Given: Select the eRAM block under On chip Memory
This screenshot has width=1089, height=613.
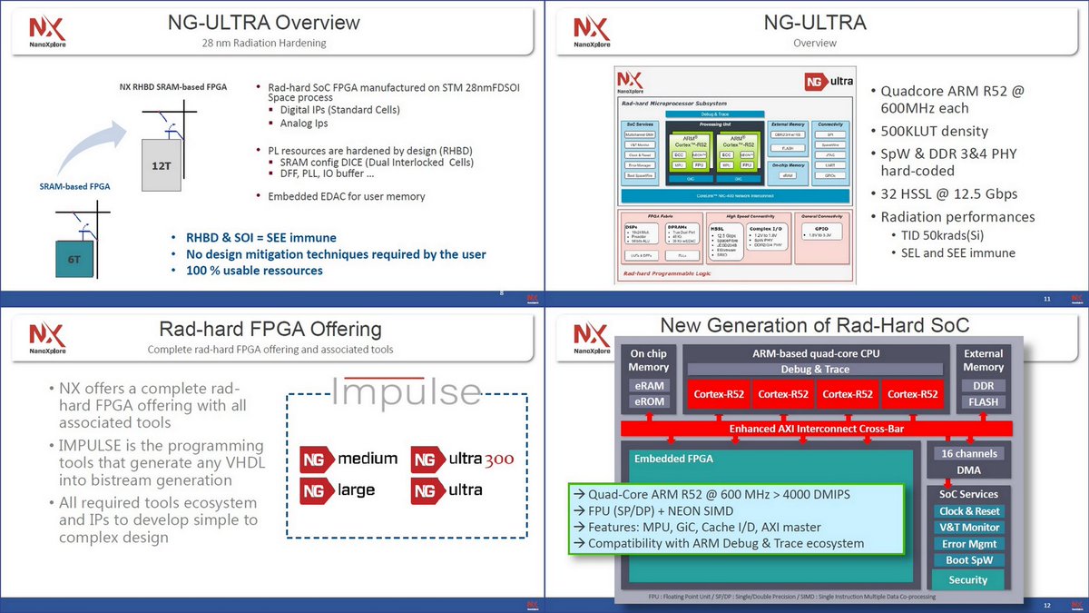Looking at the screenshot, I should point(648,385).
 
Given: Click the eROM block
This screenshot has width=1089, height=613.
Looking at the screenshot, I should point(648,402).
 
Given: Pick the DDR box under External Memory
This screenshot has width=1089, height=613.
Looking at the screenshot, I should point(983,385).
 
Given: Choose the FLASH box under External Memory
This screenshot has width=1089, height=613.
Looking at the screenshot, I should point(983,402).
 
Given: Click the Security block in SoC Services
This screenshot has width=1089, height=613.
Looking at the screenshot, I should point(967,579).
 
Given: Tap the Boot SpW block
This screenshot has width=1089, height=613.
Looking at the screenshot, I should point(967,560).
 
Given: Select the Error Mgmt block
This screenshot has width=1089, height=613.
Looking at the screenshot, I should point(967,544).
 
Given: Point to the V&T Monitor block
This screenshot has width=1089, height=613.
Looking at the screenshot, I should point(967,528).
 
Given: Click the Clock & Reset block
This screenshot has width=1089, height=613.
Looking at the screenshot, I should point(967,511).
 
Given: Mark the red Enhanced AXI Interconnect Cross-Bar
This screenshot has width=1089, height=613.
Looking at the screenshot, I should point(816,428).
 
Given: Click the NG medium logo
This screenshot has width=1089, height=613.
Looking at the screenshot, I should point(349,459).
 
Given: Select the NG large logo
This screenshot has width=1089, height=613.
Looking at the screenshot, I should point(338,490).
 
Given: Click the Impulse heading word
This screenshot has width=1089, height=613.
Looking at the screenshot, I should point(406,392).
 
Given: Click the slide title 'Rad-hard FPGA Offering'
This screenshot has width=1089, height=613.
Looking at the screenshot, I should point(270,330).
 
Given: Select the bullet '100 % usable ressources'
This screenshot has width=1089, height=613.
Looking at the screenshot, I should point(254,270).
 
